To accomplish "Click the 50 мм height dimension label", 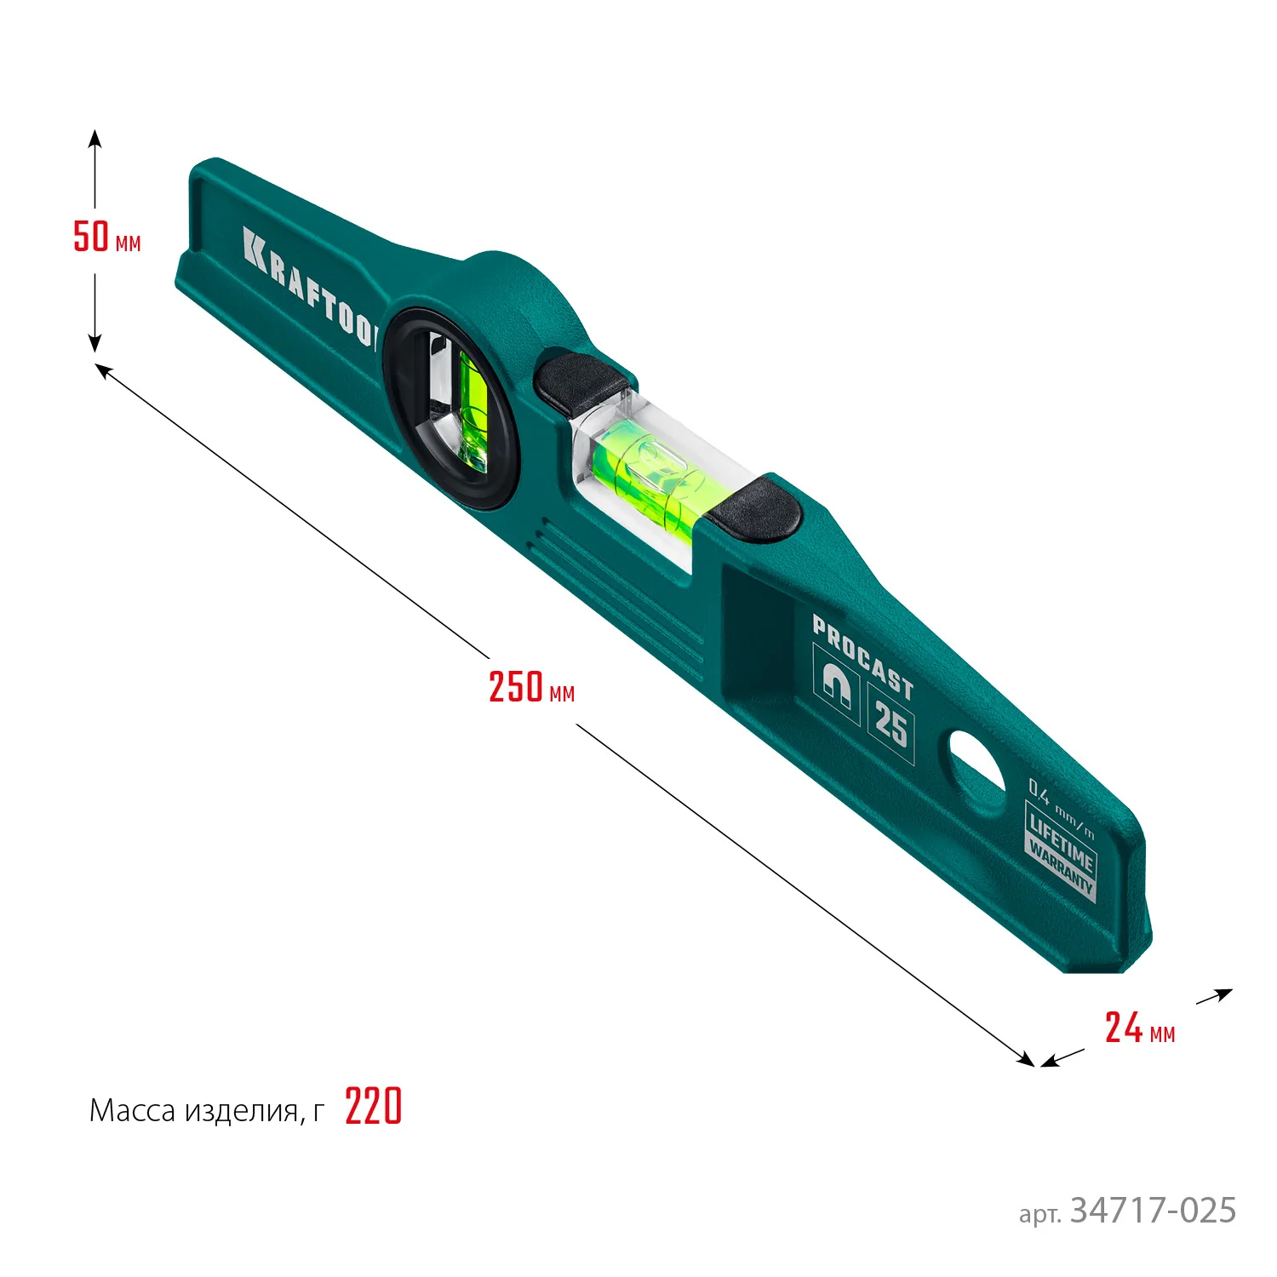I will (x=106, y=237).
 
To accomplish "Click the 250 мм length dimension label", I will (x=531, y=687).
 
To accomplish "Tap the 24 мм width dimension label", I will (x=1139, y=1028).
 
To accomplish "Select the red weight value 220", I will (x=373, y=1108).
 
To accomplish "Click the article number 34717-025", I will (x=1153, y=1211).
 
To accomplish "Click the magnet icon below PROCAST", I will (x=835, y=682).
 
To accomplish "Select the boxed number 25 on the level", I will (x=890, y=724).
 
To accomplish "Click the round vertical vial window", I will (x=450, y=407).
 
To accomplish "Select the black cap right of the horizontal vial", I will (x=755, y=511).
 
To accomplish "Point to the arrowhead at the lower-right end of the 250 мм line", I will (x=1028, y=1061).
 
